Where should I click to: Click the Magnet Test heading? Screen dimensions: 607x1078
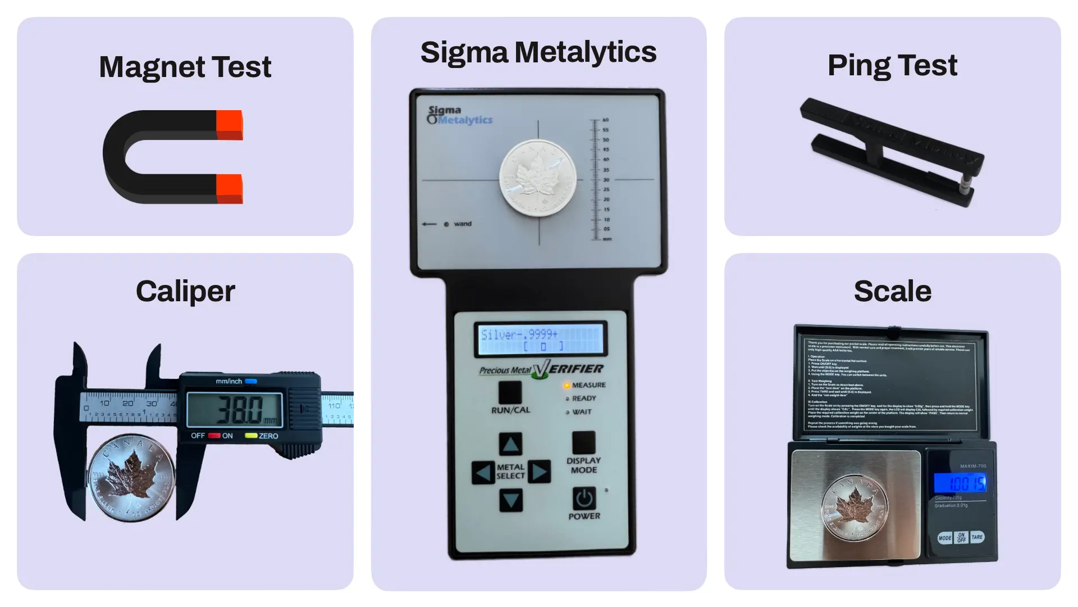click(185, 67)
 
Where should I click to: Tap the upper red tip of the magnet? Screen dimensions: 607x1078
click(229, 124)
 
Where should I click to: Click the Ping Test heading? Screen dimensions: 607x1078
click(892, 65)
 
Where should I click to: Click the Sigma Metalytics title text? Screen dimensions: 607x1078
click(538, 52)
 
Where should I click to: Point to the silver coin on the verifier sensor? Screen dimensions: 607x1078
click(538, 178)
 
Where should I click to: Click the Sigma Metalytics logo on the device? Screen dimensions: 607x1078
click(459, 115)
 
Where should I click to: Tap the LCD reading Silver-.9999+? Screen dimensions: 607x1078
click(540, 339)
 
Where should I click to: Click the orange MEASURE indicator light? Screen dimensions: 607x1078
click(567, 385)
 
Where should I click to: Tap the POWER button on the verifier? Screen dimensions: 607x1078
click(584, 498)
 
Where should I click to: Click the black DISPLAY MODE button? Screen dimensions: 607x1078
click(584, 443)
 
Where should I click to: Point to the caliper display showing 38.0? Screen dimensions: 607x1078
click(235, 410)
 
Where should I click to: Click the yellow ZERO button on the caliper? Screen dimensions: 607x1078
click(251, 436)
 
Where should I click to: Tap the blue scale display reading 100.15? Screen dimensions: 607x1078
click(960, 483)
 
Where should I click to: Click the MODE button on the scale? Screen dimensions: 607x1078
click(945, 538)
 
